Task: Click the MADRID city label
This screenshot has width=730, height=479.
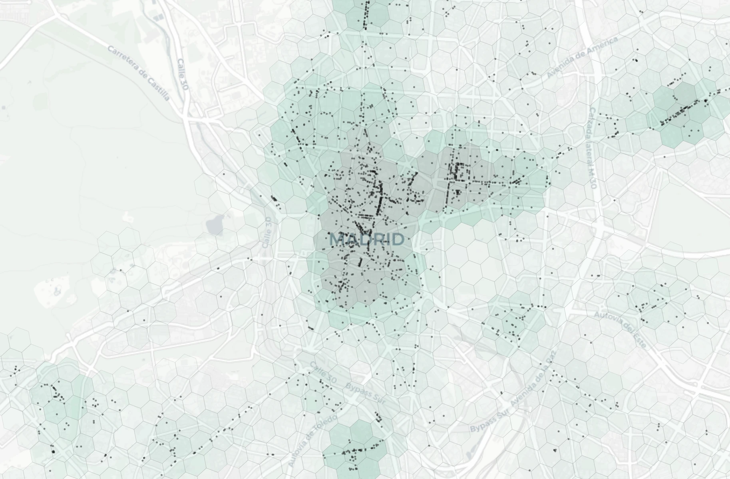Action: click(367, 239)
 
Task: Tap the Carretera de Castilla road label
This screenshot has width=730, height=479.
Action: click(139, 73)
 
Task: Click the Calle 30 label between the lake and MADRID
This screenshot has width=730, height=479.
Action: click(268, 232)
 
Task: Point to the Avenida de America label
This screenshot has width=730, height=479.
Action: click(582, 57)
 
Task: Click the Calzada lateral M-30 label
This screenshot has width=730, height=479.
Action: click(593, 148)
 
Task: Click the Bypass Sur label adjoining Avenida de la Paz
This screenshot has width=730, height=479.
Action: click(487, 422)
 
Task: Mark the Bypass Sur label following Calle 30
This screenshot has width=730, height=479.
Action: click(365, 394)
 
